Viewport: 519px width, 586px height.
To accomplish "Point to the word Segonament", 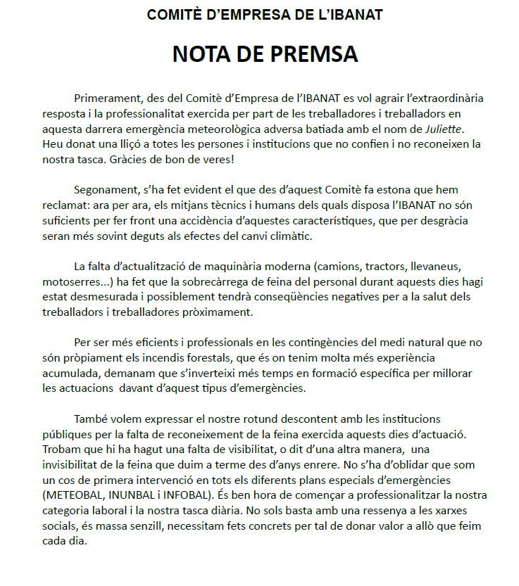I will (107, 190).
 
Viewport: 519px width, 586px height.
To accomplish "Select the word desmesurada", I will (104, 297).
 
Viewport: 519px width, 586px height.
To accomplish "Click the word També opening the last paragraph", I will (92, 420).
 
